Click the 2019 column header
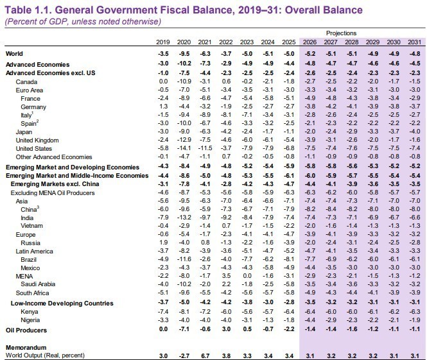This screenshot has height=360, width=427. (x=163, y=42)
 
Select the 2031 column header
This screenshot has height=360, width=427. (x=415, y=42)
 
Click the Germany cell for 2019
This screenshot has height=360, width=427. (x=164, y=106)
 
